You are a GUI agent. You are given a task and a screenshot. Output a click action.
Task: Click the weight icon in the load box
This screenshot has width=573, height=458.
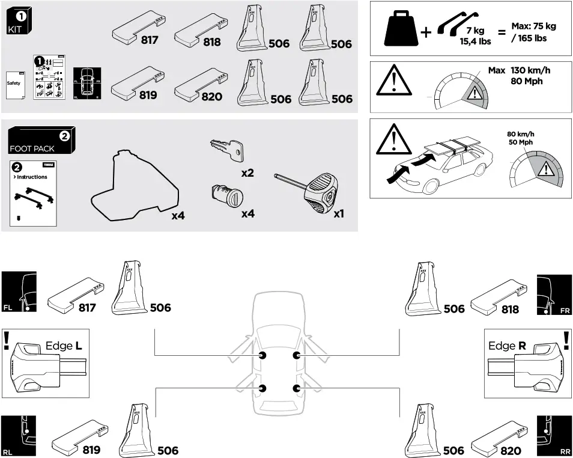pyautogui.click(x=401, y=28)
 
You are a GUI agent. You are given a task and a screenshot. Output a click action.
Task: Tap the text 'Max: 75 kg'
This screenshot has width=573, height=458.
pyautogui.click(x=533, y=26)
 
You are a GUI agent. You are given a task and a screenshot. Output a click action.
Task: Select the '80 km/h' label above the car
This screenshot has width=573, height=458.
pyautogui.click(x=520, y=134)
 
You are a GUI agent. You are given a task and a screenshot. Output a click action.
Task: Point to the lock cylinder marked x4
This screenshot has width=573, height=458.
pyautogui.click(x=225, y=195)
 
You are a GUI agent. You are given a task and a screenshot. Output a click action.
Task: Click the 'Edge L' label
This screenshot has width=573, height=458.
pyautogui.click(x=64, y=346)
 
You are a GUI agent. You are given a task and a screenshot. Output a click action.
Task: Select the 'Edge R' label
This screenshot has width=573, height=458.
pyautogui.click(x=508, y=346)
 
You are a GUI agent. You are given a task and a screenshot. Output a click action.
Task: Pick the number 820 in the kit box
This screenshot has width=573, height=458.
pyautogui.click(x=211, y=96)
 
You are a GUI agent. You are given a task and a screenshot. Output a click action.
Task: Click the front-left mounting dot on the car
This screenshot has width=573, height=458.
pyautogui.click(x=262, y=356)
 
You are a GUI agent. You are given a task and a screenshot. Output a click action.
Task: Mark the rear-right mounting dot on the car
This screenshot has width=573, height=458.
pyautogui.click(x=297, y=388)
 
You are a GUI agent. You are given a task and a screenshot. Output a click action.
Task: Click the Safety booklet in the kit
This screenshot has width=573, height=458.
pyautogui.click(x=14, y=84)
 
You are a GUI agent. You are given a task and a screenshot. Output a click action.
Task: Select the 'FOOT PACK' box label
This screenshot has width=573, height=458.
pyautogui.click(x=32, y=148)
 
